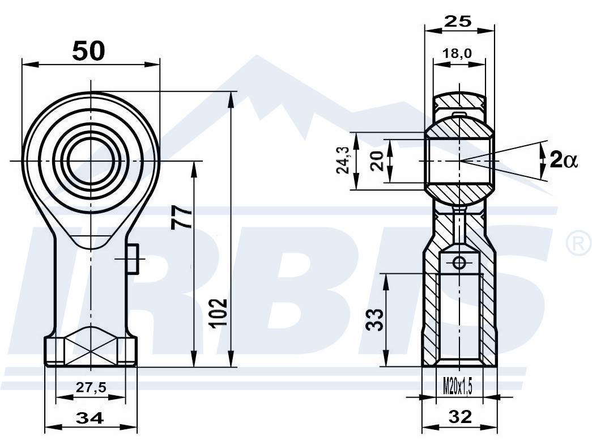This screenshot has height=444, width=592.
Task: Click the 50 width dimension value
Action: [88, 51]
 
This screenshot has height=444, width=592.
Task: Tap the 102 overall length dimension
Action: [219, 313]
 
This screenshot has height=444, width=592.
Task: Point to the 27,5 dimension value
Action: [91, 387]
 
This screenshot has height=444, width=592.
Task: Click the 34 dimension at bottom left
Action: [90, 418]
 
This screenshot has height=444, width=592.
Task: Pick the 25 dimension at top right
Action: [458, 22]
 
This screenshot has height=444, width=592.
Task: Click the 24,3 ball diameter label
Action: [343, 160]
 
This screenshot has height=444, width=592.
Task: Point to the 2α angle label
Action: [564, 159]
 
